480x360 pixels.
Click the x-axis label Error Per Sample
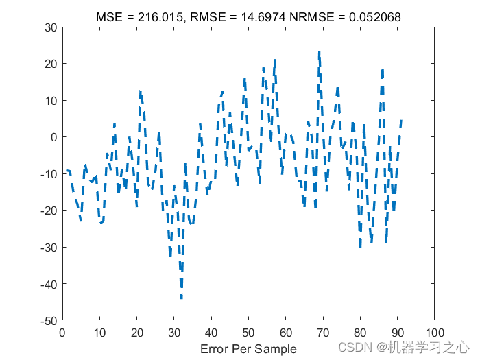[248, 348]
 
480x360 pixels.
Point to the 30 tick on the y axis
[50, 27]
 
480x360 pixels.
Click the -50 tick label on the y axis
[48, 320]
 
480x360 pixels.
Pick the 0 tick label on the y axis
[53, 137]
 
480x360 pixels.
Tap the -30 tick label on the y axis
[48, 247]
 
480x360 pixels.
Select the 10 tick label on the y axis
[50, 101]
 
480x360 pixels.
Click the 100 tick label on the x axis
[434, 333]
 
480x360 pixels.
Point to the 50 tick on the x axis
[248, 333]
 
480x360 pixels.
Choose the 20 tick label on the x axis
[136, 333]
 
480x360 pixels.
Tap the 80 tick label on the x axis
[360, 333]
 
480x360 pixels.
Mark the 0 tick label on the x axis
[62, 333]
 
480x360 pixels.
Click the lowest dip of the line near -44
[182, 298]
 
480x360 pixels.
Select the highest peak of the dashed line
[319, 51]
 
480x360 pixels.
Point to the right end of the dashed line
[401, 121]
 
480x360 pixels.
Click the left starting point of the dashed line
[67, 170]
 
